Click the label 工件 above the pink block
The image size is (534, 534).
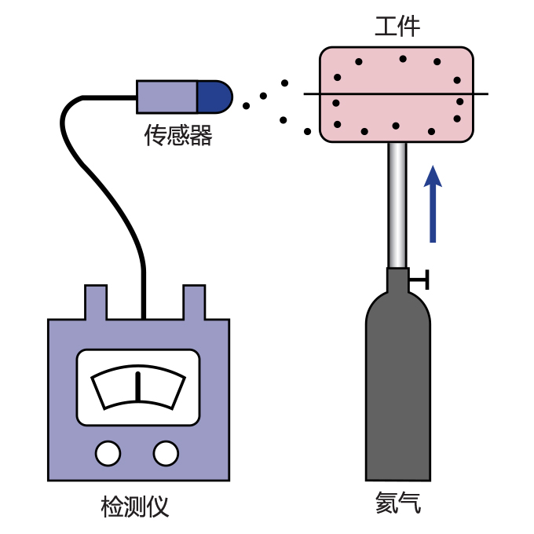(x=397, y=27)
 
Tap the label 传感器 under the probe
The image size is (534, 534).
(x=178, y=136)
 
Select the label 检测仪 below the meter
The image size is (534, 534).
(x=135, y=507)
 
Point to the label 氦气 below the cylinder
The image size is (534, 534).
(x=397, y=503)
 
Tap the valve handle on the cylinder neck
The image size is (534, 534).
(x=422, y=278)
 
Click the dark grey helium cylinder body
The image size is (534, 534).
(x=398, y=393)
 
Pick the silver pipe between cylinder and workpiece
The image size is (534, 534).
(x=398, y=204)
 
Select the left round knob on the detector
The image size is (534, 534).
(x=108, y=453)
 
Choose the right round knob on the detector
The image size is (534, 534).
(x=166, y=453)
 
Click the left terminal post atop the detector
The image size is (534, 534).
(x=96, y=303)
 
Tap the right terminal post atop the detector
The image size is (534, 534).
(x=194, y=303)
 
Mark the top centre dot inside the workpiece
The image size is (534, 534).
(x=403, y=59)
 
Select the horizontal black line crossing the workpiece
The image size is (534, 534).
(x=479, y=94)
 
